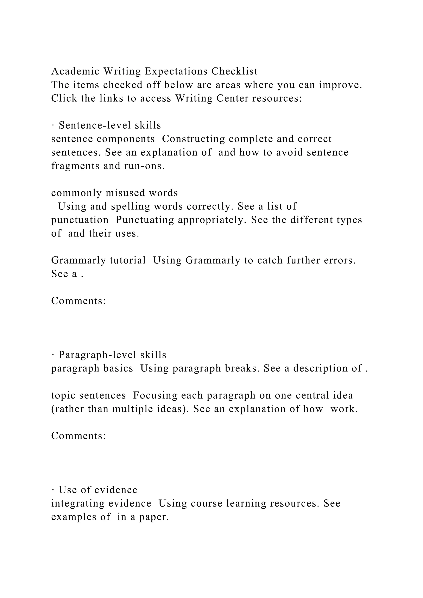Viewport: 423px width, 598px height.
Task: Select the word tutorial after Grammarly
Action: point(128,260)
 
